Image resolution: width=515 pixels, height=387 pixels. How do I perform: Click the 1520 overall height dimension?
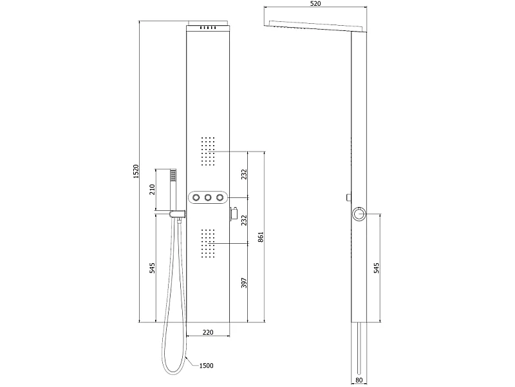click(x=136, y=172)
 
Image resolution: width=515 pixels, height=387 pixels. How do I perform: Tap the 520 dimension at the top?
click(x=315, y=4)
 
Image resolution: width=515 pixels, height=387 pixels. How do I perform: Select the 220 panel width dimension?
click(x=208, y=332)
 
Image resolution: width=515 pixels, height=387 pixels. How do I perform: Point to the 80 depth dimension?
click(x=359, y=380)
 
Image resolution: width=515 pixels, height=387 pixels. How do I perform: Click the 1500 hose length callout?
click(x=206, y=366)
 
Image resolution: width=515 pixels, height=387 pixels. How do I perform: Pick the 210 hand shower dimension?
click(x=152, y=190)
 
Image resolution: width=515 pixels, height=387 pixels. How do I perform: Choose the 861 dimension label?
click(x=261, y=237)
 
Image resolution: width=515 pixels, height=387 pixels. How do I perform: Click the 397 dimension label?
click(x=244, y=283)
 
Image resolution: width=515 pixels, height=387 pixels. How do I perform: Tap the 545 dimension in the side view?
click(x=377, y=268)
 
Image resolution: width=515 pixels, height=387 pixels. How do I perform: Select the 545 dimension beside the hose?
click(x=152, y=268)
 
